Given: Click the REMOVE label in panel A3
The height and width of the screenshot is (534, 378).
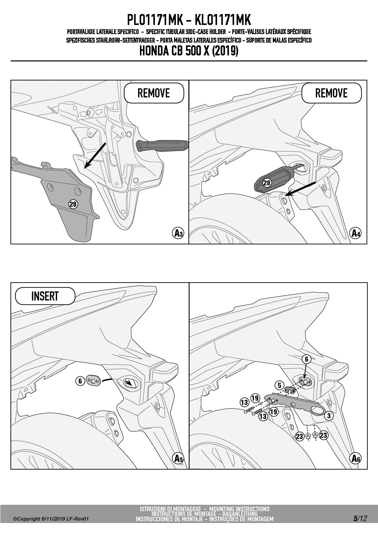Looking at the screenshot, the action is [154, 93].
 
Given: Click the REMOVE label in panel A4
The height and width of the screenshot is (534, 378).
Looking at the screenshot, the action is [331, 93].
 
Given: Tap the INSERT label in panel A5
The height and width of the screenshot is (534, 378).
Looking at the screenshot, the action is [45, 296].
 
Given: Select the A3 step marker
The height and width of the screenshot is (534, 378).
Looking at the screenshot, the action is [178, 233].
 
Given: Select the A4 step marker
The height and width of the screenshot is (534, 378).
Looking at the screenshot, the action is [355, 233].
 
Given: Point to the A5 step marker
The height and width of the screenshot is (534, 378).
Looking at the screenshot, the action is [178, 458].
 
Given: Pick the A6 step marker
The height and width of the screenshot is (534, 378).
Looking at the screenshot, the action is [355, 458].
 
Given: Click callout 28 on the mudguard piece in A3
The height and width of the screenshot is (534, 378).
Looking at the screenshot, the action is [73, 204].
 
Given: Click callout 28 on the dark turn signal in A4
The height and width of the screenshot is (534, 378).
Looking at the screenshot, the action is [267, 183].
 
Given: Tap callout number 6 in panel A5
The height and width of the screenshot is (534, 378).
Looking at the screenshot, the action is [80, 381].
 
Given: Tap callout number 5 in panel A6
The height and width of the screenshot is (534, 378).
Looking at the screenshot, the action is [280, 385].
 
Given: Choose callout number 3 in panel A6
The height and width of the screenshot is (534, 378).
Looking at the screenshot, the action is [329, 416].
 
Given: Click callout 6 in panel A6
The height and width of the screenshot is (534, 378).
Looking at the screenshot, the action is [307, 359].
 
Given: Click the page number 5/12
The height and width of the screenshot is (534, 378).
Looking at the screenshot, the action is [360, 518].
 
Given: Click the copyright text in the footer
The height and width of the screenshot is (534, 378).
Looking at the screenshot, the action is [51, 519].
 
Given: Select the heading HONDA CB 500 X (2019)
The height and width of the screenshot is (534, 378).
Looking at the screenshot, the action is [189, 51].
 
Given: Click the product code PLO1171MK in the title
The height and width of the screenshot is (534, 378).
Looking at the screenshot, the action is [155, 20].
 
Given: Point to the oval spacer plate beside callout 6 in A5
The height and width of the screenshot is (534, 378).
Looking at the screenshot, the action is [93, 381].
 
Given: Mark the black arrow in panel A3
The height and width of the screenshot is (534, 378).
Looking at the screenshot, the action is [95, 155].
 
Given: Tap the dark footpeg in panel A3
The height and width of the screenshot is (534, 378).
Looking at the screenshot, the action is [162, 146].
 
